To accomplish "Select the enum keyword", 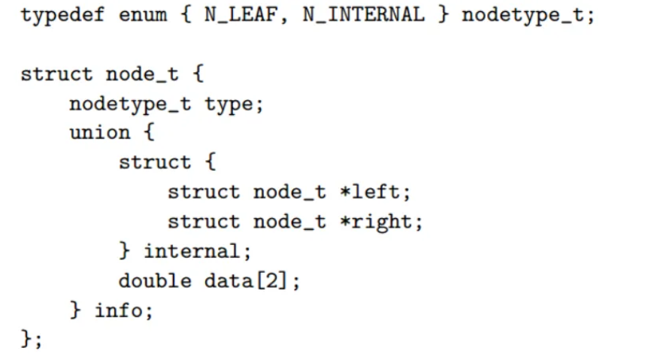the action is coord(143,15).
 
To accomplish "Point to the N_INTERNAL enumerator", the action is coord(364,15).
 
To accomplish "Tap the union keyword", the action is coord(100,133).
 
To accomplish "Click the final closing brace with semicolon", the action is coord(32,339).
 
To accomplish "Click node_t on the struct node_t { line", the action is coord(143,74).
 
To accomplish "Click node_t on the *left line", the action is coord(290,192).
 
